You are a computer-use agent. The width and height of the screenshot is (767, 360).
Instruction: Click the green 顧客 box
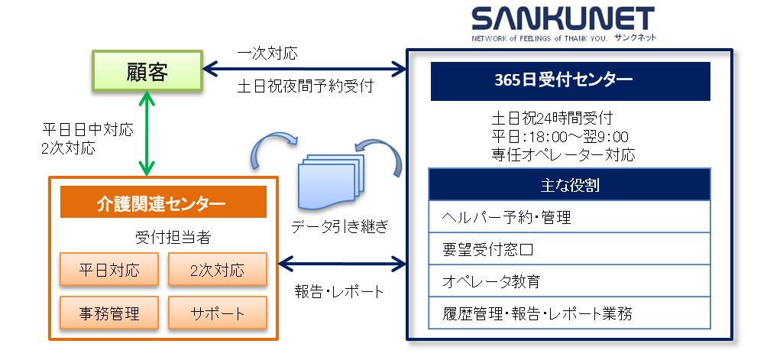pos(147,73)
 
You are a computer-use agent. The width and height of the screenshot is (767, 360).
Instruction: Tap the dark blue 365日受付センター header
pos(570,80)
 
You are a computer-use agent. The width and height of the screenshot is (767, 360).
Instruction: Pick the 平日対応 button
pos(109,270)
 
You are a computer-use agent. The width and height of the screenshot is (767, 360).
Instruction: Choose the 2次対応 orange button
pos(218,270)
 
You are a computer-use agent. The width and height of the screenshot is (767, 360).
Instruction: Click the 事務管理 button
pos(109,313)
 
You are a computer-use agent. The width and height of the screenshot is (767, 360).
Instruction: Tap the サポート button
pos(218,313)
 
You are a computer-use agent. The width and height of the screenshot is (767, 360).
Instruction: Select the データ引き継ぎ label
pos(340,227)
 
